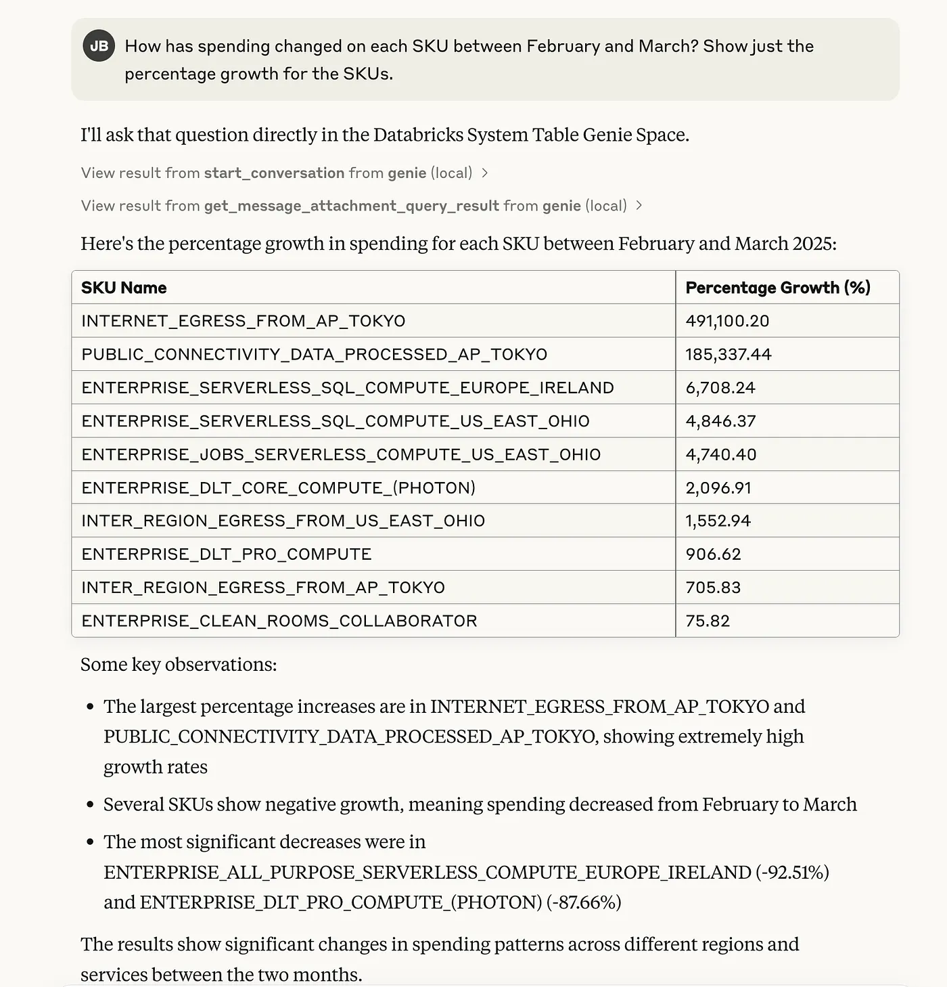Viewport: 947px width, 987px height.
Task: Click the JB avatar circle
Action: pos(99,46)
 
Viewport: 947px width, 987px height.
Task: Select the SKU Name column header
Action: pos(124,288)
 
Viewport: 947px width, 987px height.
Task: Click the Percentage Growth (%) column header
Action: pos(777,288)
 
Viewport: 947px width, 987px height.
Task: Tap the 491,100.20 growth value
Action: pos(727,321)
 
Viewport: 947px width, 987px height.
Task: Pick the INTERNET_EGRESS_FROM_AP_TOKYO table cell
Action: pos(244,321)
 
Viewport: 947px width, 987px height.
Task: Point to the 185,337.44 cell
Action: pos(728,354)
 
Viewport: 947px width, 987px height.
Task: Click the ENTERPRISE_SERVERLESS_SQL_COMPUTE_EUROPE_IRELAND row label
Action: pos(348,388)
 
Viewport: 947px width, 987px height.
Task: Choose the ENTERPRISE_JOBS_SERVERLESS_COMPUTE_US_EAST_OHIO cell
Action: pos(341,454)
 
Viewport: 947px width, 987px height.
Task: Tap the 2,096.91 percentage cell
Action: pos(718,488)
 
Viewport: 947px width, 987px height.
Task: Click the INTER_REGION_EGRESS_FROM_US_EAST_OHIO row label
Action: pos(283,521)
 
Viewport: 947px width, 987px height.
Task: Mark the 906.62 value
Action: pos(713,554)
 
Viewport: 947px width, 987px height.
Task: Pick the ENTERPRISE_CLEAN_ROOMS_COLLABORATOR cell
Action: pos(279,621)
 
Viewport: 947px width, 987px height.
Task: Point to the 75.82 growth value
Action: pos(708,621)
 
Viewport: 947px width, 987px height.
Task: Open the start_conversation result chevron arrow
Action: pos(485,173)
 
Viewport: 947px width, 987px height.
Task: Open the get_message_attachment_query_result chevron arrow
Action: pos(639,206)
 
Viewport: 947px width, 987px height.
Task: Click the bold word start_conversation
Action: pos(274,173)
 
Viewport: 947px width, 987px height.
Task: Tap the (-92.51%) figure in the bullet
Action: pos(791,872)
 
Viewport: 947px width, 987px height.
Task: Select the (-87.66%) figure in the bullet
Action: pos(583,902)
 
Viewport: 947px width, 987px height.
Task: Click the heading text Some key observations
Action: pos(179,665)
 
